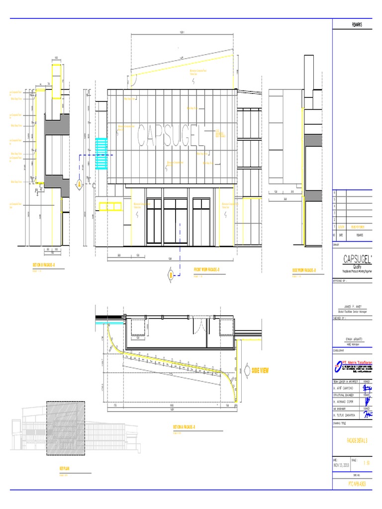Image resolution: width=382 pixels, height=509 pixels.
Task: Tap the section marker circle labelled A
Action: pyautogui.click(x=79, y=184)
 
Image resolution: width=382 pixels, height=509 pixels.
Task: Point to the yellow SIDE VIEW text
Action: pyautogui.click(x=260, y=371)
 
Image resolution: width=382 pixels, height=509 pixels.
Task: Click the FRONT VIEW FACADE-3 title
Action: pyautogui.click(x=206, y=270)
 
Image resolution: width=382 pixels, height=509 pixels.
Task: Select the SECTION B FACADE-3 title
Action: pyautogui.click(x=44, y=266)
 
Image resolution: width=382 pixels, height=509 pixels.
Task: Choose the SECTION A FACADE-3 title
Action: pyautogui.click(x=184, y=427)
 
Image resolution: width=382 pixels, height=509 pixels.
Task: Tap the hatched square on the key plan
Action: pyautogui.click(x=66, y=428)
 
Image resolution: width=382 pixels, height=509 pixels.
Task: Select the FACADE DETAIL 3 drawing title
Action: pyautogui.click(x=357, y=440)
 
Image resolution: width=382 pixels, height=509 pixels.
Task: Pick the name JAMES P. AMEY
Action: pyautogui.click(x=352, y=307)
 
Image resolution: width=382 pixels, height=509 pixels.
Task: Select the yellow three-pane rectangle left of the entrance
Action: pyautogui.click(x=110, y=206)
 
